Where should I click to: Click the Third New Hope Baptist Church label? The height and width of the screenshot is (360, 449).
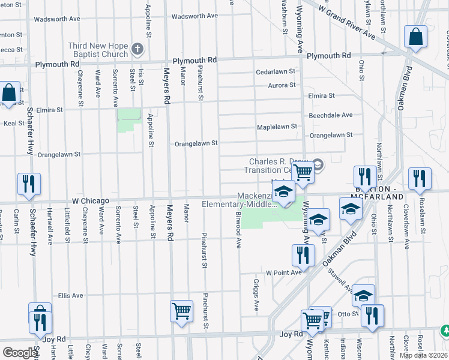click(x=98, y=50)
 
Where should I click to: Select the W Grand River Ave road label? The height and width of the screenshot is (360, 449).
click(x=348, y=25)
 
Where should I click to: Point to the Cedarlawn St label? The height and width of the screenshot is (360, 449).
click(x=276, y=71)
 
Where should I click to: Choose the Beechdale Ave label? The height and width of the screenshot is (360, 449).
click(x=330, y=115)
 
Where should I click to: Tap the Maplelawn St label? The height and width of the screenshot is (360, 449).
click(x=277, y=127)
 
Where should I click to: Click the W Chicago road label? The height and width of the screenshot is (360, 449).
click(x=91, y=200)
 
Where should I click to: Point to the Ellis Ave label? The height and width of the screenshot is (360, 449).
click(x=70, y=296)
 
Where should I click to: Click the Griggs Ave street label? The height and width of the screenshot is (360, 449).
click(x=256, y=295)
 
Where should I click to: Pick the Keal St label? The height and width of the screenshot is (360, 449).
click(x=13, y=123)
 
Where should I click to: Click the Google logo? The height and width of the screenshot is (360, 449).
click(x=19, y=353)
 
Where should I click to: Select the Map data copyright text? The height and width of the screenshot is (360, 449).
click(x=423, y=355)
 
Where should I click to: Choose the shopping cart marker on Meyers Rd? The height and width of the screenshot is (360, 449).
click(x=181, y=311)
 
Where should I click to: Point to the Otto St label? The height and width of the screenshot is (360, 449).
click(x=343, y=313)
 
